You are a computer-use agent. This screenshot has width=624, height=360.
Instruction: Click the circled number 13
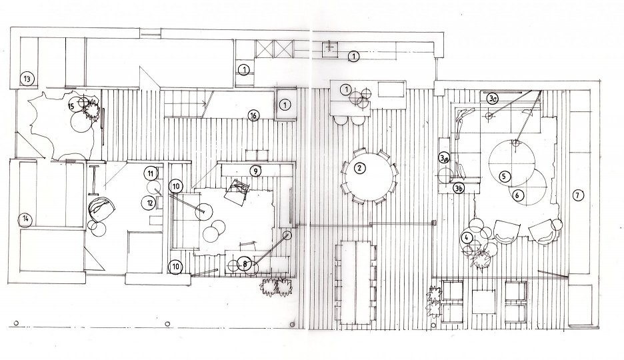(x=27, y=79)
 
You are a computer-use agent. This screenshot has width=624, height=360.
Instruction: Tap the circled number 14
(x=26, y=219)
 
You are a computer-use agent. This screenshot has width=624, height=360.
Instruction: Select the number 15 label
(x=71, y=105)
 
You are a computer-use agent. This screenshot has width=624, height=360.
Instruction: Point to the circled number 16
(x=253, y=115)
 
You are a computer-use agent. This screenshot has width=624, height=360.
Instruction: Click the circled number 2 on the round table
(x=359, y=168)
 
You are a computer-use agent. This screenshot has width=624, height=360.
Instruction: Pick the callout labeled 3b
(x=458, y=189)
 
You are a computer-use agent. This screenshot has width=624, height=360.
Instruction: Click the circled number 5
(x=505, y=176)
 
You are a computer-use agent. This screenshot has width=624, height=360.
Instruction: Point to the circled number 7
(x=577, y=195)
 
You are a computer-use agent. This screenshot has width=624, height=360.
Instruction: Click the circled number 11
(x=151, y=173)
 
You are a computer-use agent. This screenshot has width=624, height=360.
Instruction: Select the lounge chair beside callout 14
(x=101, y=209)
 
